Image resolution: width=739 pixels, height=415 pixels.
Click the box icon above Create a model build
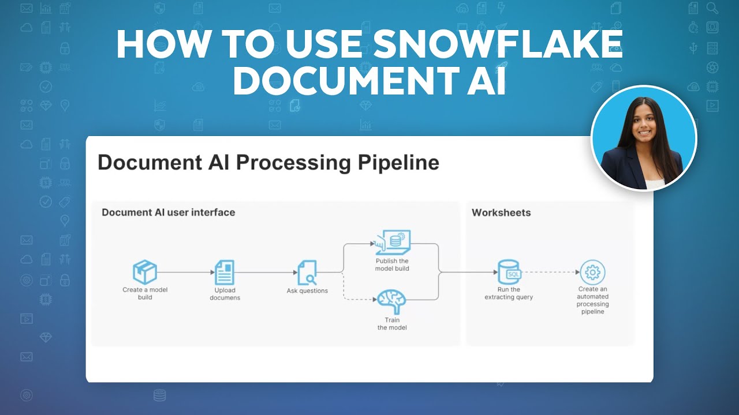(x=145, y=271)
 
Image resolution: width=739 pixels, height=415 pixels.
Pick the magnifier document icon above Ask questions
(x=307, y=273)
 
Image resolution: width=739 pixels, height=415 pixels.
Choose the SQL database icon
(x=509, y=272)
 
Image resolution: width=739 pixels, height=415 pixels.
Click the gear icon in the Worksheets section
(x=592, y=271)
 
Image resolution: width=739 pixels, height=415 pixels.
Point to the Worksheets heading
(x=501, y=213)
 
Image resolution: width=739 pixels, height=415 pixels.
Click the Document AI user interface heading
(x=168, y=213)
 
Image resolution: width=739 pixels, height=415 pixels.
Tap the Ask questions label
(x=307, y=291)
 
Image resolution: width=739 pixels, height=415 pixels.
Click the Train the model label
(x=392, y=324)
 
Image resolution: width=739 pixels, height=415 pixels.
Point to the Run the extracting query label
(x=509, y=293)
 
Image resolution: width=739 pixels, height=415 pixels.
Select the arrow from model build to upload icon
(x=184, y=272)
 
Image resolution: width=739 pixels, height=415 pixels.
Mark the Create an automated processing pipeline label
(x=593, y=300)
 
